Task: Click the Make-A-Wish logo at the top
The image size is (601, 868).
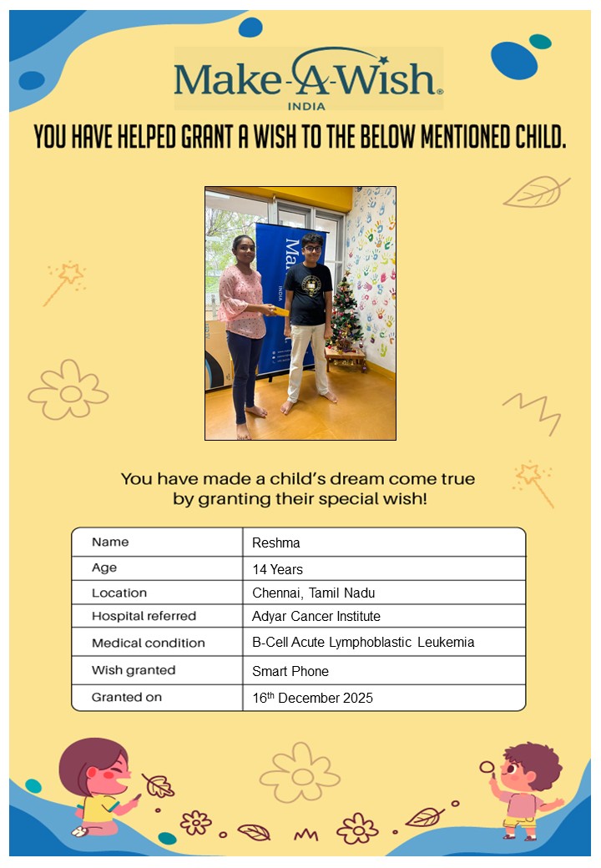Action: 308,78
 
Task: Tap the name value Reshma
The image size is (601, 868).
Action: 276,543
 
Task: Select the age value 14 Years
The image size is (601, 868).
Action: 278,569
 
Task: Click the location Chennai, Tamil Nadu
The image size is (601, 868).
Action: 314,593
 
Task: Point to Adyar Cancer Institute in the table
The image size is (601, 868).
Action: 316,617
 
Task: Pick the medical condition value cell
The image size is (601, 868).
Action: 363,643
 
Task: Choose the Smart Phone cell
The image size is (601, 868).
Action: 290,671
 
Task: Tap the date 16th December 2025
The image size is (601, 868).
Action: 313,698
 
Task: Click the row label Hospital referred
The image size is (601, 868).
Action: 144,617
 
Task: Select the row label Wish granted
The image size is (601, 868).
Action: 134,670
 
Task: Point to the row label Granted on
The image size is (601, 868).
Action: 127,697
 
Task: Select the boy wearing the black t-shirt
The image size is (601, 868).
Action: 309,317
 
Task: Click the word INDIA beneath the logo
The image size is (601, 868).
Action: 306,106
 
